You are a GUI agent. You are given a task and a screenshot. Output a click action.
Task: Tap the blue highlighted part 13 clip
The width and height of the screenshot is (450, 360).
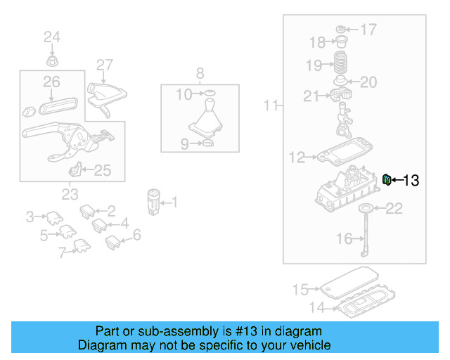(387, 180)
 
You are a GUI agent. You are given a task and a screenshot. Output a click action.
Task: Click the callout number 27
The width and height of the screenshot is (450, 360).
(104, 65)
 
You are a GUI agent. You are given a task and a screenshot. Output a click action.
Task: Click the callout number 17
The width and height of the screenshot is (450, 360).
(368, 30)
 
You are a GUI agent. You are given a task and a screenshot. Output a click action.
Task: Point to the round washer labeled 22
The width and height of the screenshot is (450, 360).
(366, 208)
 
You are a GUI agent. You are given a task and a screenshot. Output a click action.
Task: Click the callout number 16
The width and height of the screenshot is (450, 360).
(344, 239)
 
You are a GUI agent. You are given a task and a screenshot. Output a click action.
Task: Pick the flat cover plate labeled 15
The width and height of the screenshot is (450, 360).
(349, 283)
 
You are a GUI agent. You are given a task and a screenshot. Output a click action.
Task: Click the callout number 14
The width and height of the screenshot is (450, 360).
(319, 307)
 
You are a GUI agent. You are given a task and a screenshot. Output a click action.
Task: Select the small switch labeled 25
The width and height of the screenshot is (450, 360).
(76, 169)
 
